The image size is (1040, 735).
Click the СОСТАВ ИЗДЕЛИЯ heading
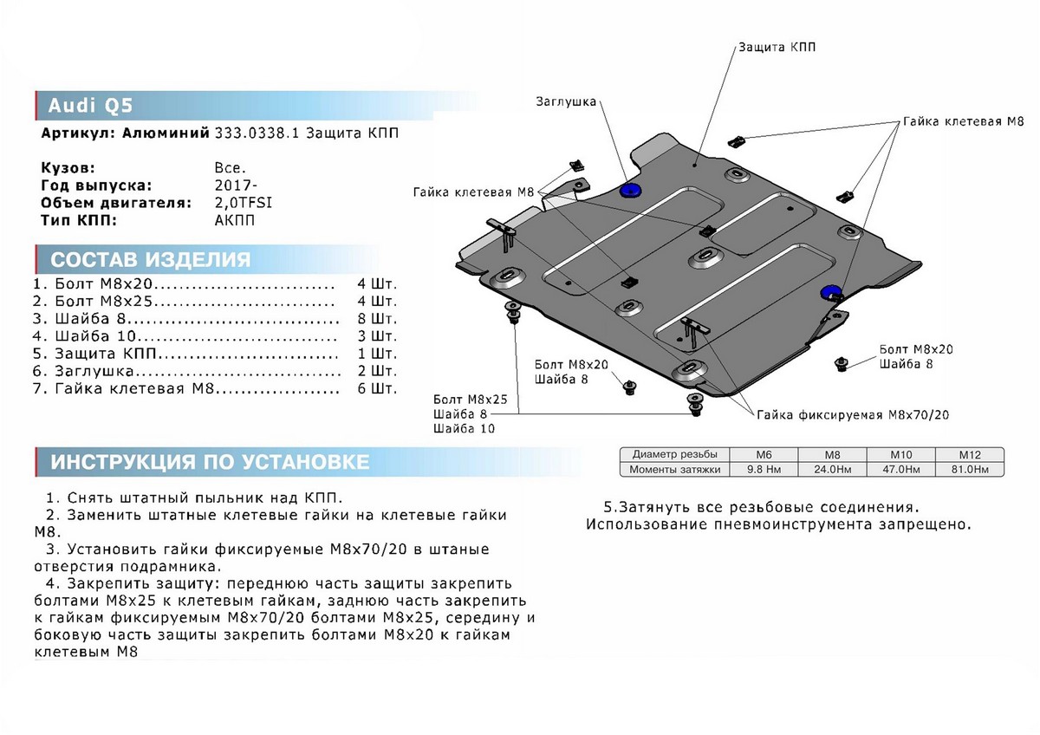click(151, 260)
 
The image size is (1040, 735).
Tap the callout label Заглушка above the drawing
click(565, 101)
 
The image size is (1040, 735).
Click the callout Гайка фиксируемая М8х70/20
click(853, 415)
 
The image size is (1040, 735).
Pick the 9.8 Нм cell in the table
click(763, 470)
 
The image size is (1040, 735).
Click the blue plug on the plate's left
click(630, 190)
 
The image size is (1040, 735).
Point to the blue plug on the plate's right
click(831, 292)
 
